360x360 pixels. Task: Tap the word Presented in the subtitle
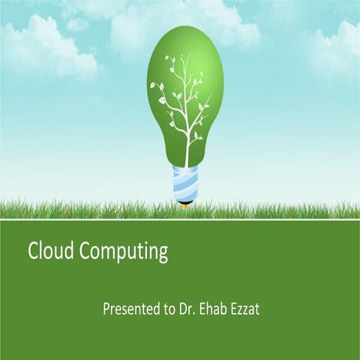128,308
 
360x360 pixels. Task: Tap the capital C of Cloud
34,251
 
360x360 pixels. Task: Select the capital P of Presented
106,308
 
